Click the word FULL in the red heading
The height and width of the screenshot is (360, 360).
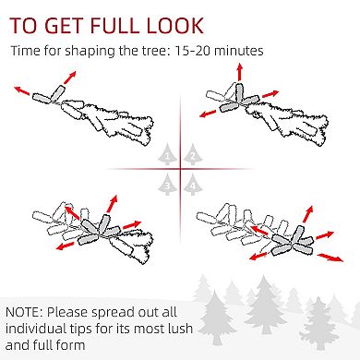115,26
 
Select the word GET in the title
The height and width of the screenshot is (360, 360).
65,26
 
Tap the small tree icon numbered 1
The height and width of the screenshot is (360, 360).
167,154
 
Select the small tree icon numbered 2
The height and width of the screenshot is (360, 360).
193,154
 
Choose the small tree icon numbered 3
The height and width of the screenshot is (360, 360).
167,184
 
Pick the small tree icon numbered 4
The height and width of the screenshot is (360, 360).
193,184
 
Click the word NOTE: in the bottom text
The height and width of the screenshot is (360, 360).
25,312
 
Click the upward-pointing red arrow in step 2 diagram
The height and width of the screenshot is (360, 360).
240,72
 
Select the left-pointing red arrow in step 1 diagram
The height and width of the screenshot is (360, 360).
22,90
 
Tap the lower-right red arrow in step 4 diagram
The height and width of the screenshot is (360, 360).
330,258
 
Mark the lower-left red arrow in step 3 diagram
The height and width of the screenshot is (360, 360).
66,246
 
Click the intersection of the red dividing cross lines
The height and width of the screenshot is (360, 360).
180,169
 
